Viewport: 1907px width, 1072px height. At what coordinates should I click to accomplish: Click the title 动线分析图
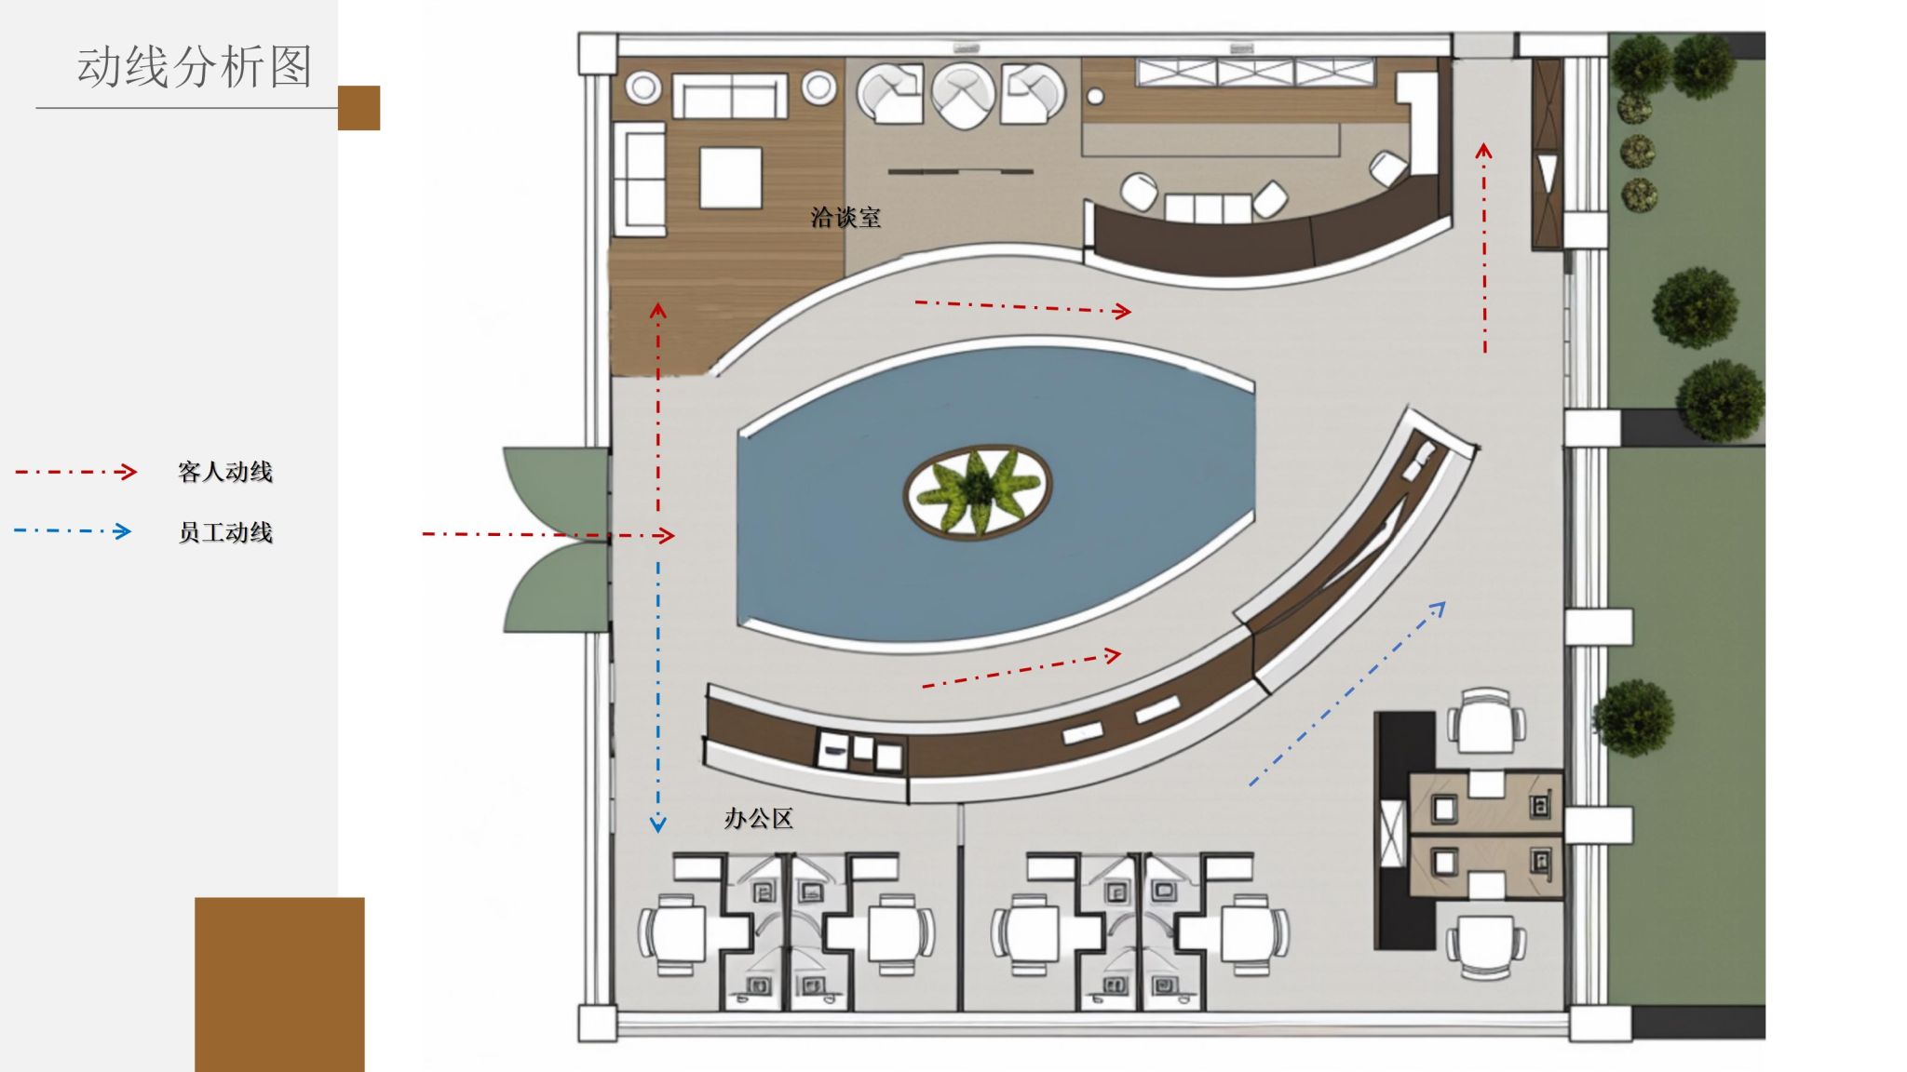pyautogui.click(x=194, y=66)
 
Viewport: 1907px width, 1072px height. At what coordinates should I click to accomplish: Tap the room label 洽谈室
pyautogui.click(x=845, y=218)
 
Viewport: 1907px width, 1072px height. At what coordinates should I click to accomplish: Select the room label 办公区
pyautogui.click(x=759, y=819)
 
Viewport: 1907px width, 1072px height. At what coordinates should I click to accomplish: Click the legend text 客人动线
pyautogui.click(x=225, y=472)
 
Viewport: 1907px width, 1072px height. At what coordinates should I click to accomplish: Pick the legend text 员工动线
pyautogui.click(x=225, y=532)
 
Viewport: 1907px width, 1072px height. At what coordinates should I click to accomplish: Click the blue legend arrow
pyautogui.click(x=73, y=531)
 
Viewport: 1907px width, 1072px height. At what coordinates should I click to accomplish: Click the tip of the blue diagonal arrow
pyautogui.click(x=1445, y=603)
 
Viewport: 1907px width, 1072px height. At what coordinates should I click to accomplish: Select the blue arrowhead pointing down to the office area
pyautogui.click(x=658, y=824)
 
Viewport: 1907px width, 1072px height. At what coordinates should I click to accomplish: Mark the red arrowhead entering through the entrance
pyautogui.click(x=665, y=535)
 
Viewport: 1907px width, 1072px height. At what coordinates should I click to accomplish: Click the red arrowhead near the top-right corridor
pyautogui.click(x=1484, y=149)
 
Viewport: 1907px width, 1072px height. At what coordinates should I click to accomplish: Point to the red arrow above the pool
pyautogui.click(x=1023, y=306)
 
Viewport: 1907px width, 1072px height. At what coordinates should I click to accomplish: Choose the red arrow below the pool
pyautogui.click(x=1021, y=669)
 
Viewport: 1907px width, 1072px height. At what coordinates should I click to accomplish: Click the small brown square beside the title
pyautogui.click(x=358, y=108)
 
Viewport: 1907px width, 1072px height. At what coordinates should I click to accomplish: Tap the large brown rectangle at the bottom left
pyautogui.click(x=279, y=985)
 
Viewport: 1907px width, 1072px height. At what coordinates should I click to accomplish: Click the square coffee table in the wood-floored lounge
pyautogui.click(x=731, y=177)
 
